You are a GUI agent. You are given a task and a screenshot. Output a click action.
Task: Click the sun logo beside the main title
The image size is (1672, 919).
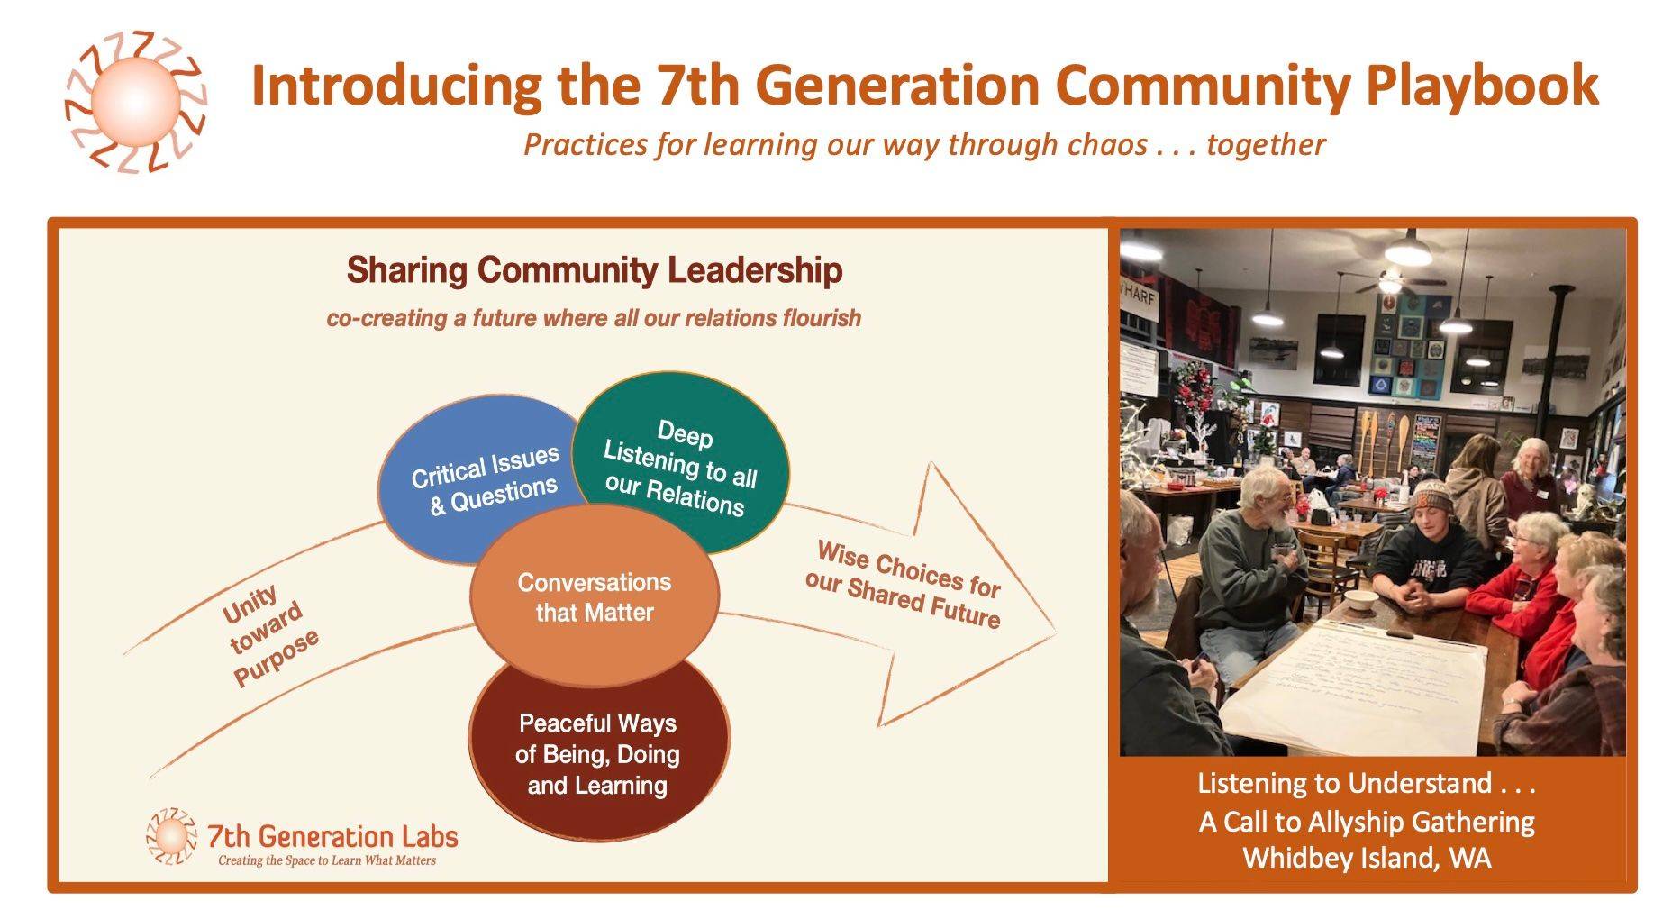coord(136,101)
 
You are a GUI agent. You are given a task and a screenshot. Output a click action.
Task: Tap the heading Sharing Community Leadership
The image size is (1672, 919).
coord(595,270)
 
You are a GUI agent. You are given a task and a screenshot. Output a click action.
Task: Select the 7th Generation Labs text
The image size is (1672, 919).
coord(332,836)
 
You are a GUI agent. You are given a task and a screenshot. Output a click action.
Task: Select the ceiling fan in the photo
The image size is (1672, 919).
coord(1389,282)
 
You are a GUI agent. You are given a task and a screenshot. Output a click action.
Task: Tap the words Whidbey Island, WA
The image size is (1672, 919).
coord(1367,857)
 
